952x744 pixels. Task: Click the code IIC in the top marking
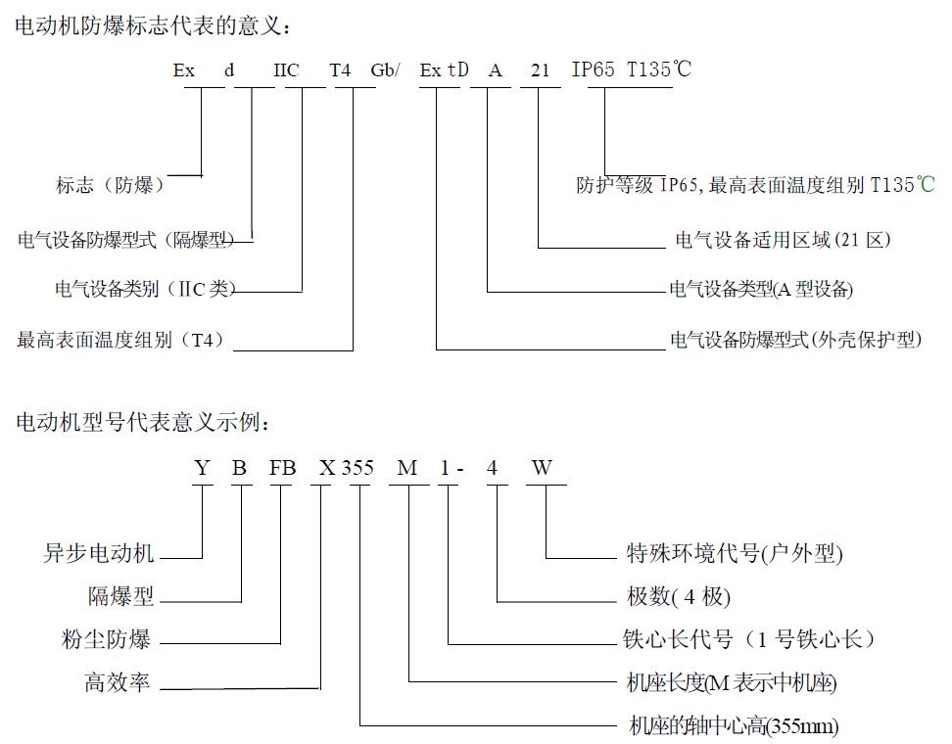pos(286,70)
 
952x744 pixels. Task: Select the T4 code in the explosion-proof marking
pos(340,70)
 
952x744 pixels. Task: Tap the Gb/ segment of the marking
pos(385,70)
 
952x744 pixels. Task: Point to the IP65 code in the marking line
pos(593,70)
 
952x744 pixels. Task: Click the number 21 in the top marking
pos(540,70)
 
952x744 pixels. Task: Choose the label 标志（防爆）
pos(111,184)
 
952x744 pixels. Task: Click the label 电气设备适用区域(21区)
pos(783,240)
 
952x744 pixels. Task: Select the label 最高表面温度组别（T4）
pos(120,340)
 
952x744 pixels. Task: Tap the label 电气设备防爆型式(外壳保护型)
pos(796,340)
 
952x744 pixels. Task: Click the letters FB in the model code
pos(282,468)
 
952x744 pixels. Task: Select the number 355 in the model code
pos(357,468)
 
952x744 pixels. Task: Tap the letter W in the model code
pos(542,468)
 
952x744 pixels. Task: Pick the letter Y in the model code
pos(202,468)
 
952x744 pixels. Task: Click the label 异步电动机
pos(98,553)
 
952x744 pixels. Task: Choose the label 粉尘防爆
pos(106,639)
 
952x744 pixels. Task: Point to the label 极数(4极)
pos(678,596)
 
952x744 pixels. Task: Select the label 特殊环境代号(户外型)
pos(735,553)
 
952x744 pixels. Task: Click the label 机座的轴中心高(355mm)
pos(734,725)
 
